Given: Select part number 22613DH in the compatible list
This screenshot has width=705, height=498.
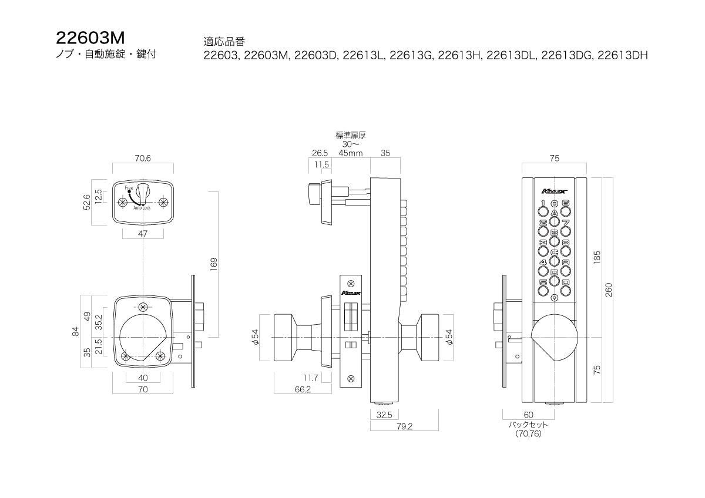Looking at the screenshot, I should click(x=622, y=56).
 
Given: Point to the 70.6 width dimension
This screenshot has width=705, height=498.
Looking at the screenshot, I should click(x=143, y=158).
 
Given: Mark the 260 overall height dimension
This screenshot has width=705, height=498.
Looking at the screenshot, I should click(x=609, y=289).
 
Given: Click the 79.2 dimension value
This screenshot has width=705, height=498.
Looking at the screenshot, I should click(x=405, y=427).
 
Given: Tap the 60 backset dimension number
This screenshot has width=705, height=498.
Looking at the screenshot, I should click(x=529, y=415).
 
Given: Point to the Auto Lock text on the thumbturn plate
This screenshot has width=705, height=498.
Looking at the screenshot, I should click(x=142, y=208).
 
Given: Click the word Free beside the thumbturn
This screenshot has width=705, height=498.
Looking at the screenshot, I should click(x=129, y=187).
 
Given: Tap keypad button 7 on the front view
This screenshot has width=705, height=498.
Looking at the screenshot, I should click(x=565, y=223).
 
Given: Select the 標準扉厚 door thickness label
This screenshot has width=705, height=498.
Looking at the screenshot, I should click(x=351, y=135).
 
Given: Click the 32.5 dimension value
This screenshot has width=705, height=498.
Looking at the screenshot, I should click(x=385, y=414).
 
